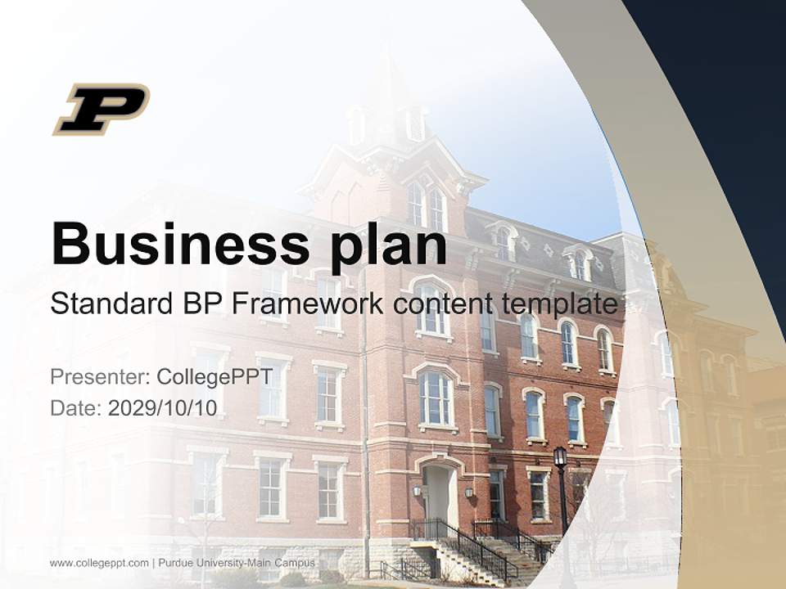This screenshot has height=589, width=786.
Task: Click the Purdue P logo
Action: [101, 108]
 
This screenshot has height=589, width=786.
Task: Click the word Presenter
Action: [98, 377]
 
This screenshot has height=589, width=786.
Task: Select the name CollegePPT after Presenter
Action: [215, 377]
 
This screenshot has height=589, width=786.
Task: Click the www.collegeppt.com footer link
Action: [99, 563]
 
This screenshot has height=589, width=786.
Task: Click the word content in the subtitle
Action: [440, 304]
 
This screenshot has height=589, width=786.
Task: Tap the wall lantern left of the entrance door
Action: [416, 491]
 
